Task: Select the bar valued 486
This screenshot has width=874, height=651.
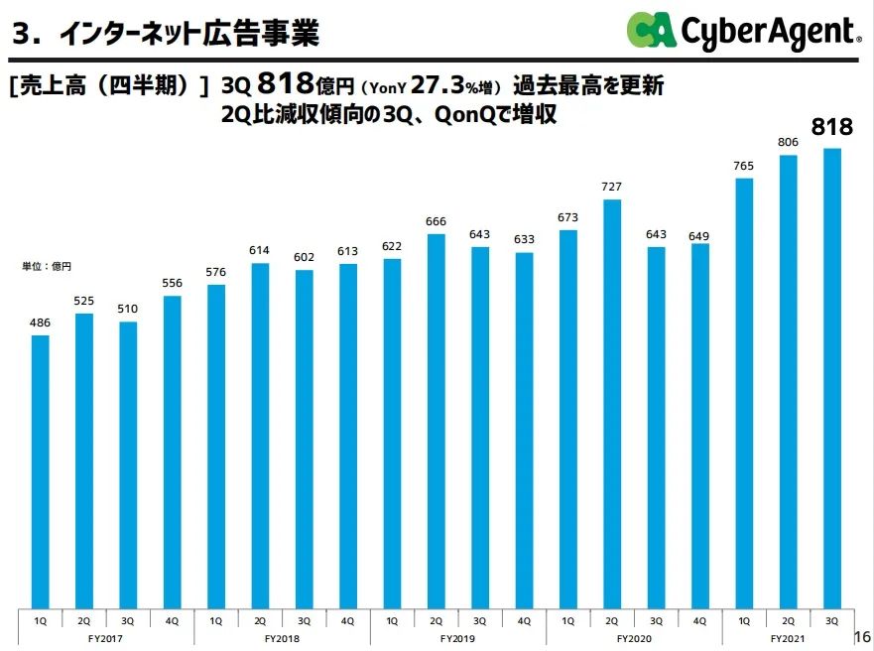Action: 41,471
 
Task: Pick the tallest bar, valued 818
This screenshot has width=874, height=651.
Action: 831,378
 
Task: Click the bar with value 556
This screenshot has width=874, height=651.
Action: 172,452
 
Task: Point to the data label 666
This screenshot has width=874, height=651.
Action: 436,221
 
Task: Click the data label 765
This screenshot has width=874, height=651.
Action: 743,166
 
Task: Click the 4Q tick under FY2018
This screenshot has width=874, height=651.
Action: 347,620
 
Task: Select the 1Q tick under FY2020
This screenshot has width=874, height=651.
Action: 567,620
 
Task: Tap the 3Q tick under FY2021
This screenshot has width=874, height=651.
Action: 831,620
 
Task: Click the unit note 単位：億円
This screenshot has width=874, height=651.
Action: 48,266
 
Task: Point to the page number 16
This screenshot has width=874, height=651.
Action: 861,636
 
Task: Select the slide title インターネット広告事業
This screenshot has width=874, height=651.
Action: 188,36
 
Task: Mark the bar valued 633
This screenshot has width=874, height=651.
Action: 524,431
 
